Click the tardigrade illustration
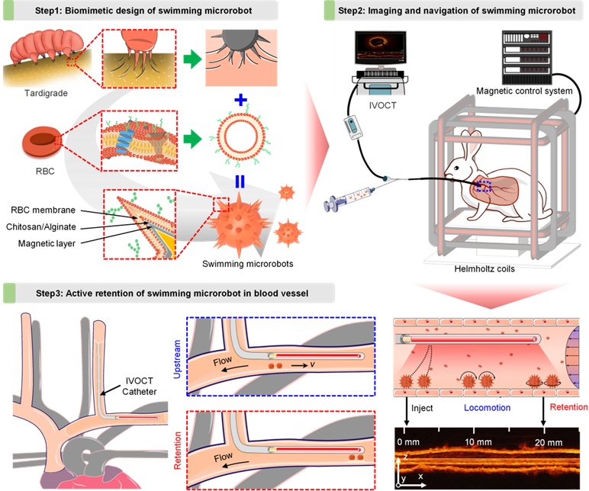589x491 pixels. (40, 54)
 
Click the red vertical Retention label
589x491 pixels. (179, 450)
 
